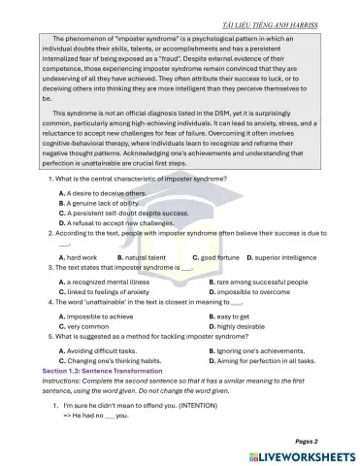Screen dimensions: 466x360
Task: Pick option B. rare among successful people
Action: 258,282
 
